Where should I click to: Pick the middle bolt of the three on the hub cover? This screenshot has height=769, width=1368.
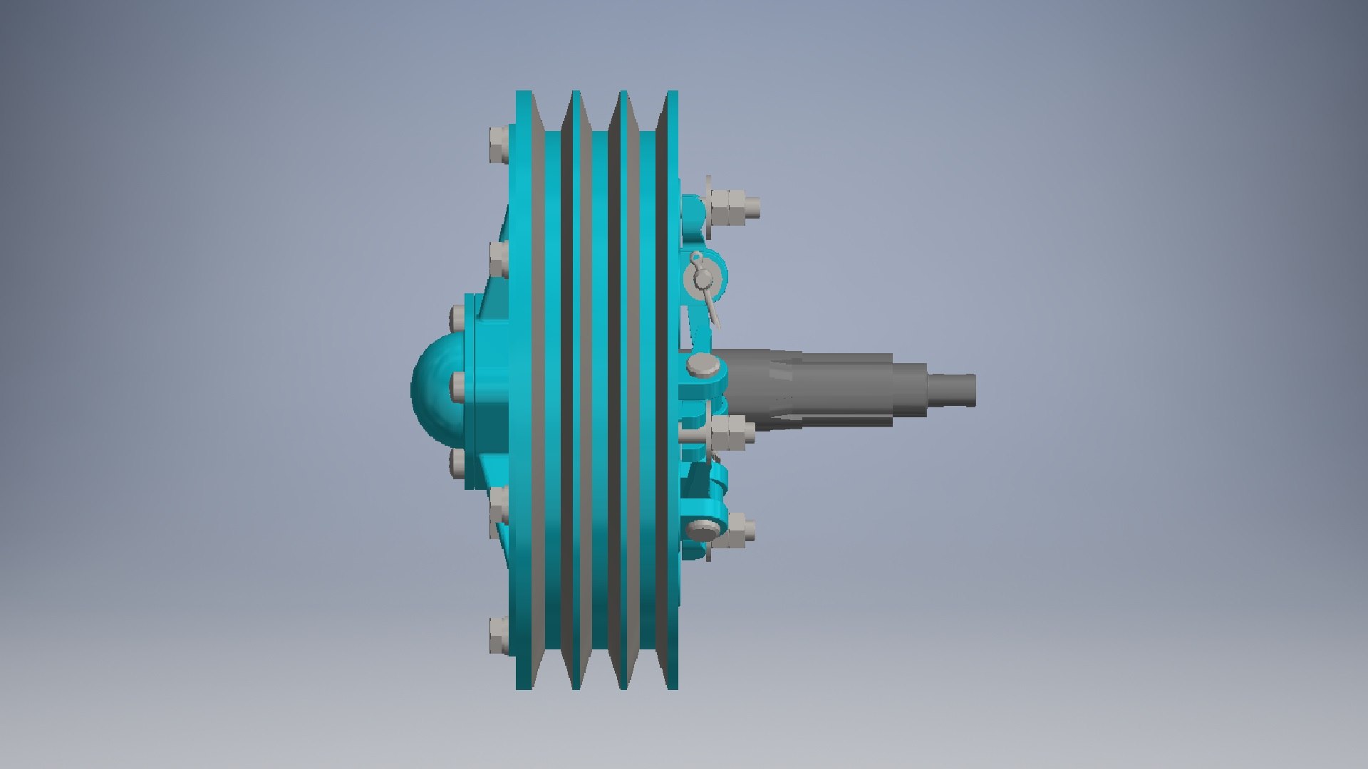pyautogui.click(x=458, y=385)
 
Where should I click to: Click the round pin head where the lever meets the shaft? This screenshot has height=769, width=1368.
pyautogui.click(x=703, y=367)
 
